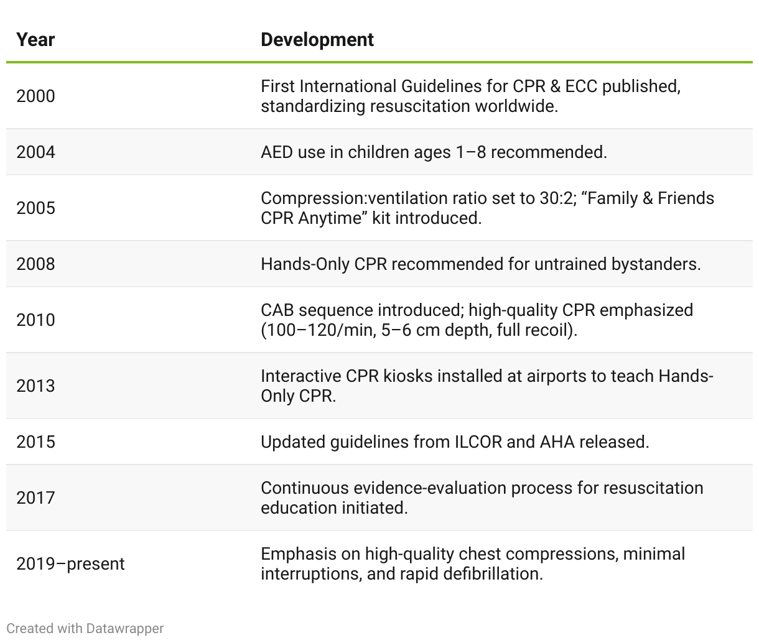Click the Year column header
click(x=35, y=40)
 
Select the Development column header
click(x=317, y=40)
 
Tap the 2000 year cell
click(x=35, y=96)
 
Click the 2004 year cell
click(x=35, y=152)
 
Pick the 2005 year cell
click(x=35, y=208)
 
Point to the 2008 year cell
click(x=35, y=264)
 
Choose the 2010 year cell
click(x=35, y=320)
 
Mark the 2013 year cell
click(x=35, y=386)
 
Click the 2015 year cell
click(x=35, y=442)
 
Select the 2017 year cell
click(x=35, y=497)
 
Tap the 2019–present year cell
click(x=70, y=564)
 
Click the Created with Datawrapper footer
click(x=85, y=628)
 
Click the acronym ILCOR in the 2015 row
click(x=478, y=442)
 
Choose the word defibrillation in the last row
click(x=493, y=573)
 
